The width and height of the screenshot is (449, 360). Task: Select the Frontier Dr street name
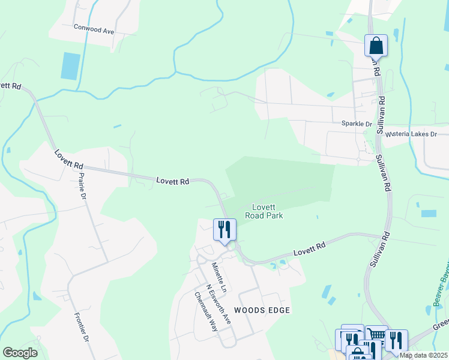81,327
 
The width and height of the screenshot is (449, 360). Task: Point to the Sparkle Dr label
357,124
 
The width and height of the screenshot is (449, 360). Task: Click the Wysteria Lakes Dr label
411,134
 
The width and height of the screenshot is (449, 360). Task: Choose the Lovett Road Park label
267,211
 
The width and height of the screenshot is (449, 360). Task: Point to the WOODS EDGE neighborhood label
262,310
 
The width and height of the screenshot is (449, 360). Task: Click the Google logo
20,353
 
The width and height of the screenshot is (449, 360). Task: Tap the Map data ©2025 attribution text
424,355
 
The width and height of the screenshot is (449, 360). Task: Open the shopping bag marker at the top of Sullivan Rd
376,45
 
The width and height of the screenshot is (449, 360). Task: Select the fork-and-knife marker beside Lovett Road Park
224,229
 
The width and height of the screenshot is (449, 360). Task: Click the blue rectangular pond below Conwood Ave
70,66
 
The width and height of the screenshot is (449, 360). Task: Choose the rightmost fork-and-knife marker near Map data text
396,341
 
